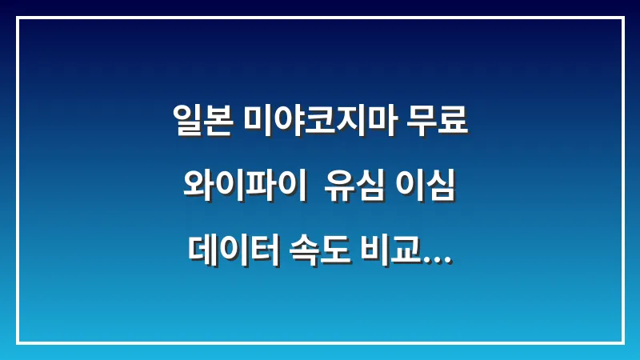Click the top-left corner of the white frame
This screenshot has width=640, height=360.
[x=18, y=18]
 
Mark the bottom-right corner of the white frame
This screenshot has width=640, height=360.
[x=622, y=342]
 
